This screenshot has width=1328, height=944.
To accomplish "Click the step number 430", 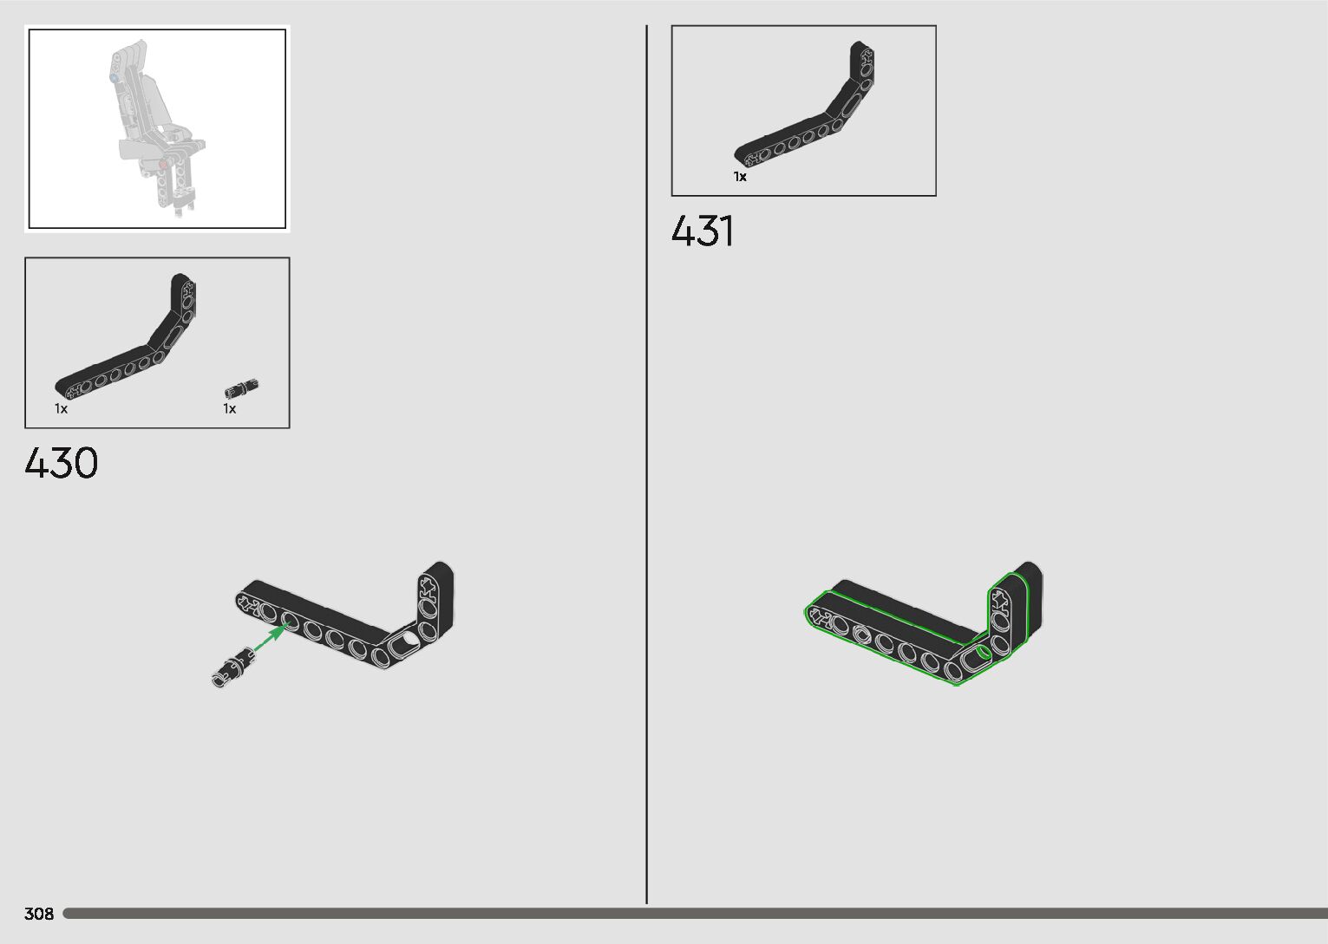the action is pyautogui.click(x=61, y=463).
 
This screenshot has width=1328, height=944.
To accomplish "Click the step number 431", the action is pyautogui.click(x=702, y=231).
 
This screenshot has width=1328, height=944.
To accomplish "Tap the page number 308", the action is pyautogui.click(x=39, y=914).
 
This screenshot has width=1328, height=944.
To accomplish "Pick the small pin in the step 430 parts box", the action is pyautogui.click(x=241, y=388).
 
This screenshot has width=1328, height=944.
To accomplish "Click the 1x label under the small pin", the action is pyautogui.click(x=230, y=409).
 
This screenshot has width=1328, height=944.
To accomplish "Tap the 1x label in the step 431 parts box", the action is pyautogui.click(x=740, y=177).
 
